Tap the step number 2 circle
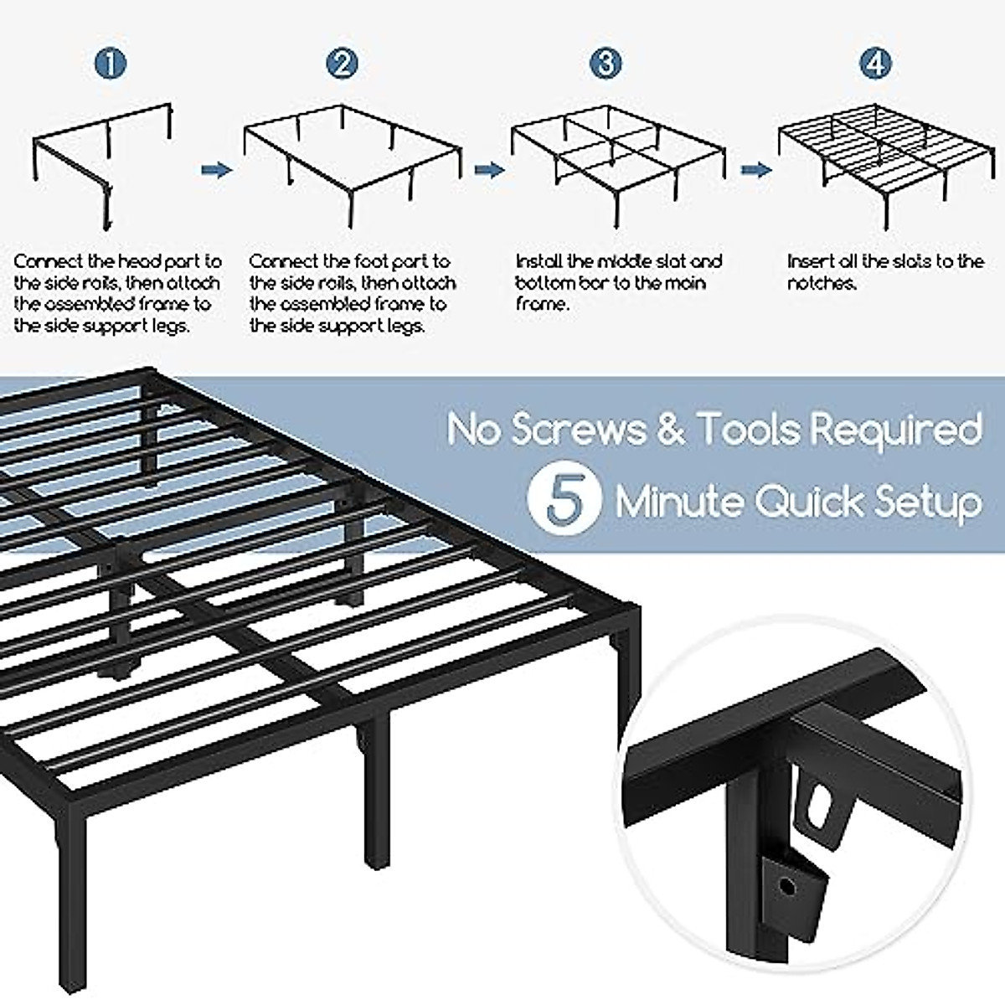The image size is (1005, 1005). pyautogui.click(x=342, y=64)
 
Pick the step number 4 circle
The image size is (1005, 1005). pyautogui.click(x=874, y=64)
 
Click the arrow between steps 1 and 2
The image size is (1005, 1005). pyautogui.click(x=216, y=169)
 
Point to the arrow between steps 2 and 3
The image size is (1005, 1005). pyautogui.click(x=488, y=169)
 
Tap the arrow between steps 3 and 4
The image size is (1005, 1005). pyautogui.click(x=755, y=169)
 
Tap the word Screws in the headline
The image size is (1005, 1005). pyautogui.click(x=578, y=429)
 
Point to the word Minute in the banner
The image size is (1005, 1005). pyautogui.click(x=680, y=501)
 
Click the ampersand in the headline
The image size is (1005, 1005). pyautogui.click(x=670, y=429)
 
